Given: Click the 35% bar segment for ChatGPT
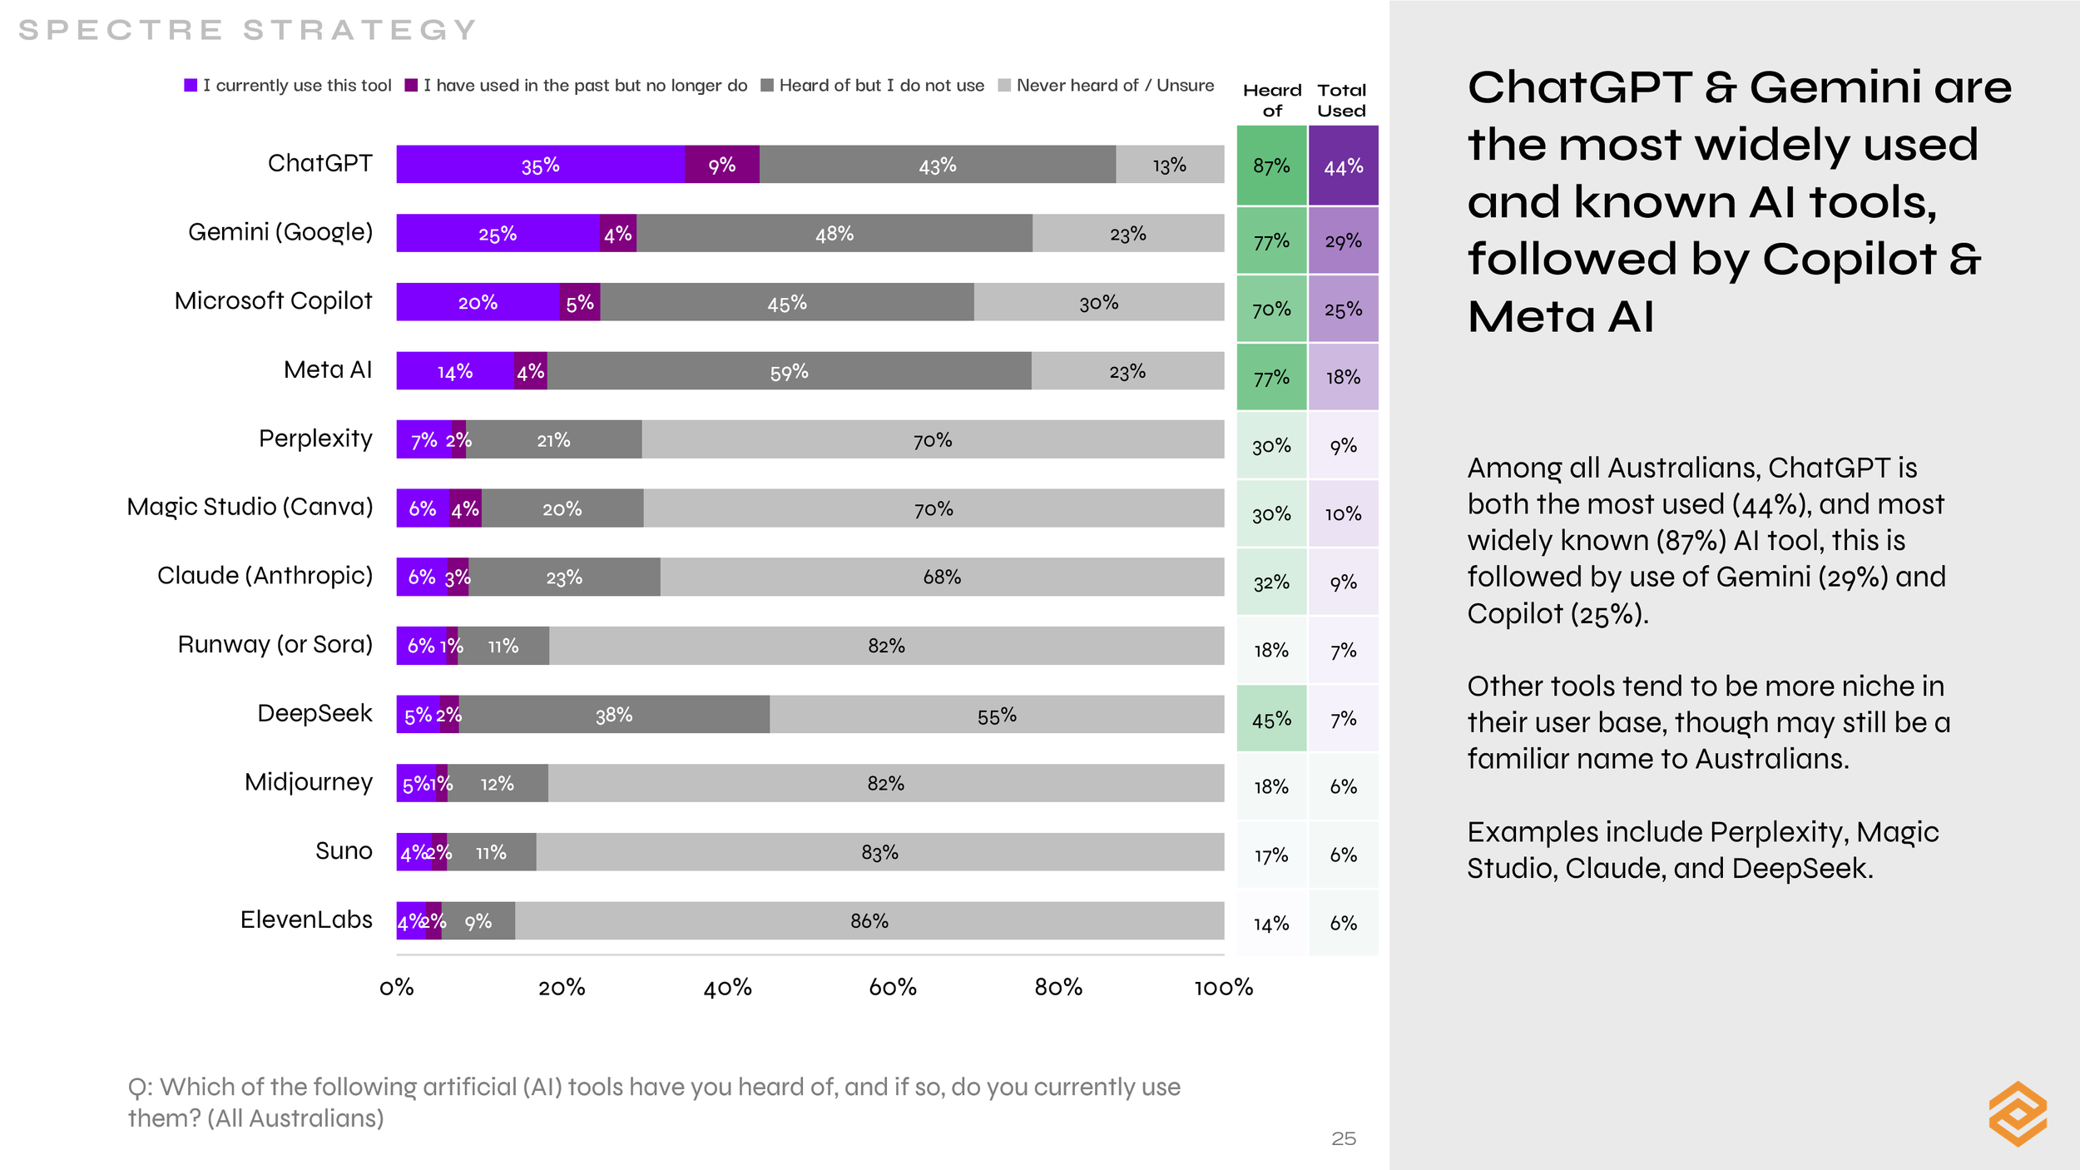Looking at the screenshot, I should (x=541, y=165).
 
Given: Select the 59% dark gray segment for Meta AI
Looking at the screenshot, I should (x=789, y=371).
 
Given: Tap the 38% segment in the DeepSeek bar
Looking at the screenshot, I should (x=614, y=715).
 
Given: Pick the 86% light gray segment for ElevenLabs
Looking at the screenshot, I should (x=869, y=921).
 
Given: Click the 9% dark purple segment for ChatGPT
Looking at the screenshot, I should (x=721, y=165).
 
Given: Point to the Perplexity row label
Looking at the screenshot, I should (x=315, y=439).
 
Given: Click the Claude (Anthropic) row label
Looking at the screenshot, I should (x=265, y=576).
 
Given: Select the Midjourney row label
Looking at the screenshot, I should (x=309, y=782).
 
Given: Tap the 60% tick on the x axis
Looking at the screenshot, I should (x=893, y=988).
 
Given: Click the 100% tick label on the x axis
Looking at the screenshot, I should (x=1223, y=988).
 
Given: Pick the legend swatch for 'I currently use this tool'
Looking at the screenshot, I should (x=191, y=86).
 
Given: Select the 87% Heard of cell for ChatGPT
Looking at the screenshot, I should (x=1271, y=166).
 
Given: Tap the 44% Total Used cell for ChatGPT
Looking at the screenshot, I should (x=1343, y=166).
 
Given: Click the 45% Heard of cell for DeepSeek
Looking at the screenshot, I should (x=1271, y=719).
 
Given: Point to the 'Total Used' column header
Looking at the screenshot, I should (x=1341, y=100).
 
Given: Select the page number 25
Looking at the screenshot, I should (x=1343, y=1138).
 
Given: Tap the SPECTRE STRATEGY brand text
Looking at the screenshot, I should (x=247, y=30).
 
